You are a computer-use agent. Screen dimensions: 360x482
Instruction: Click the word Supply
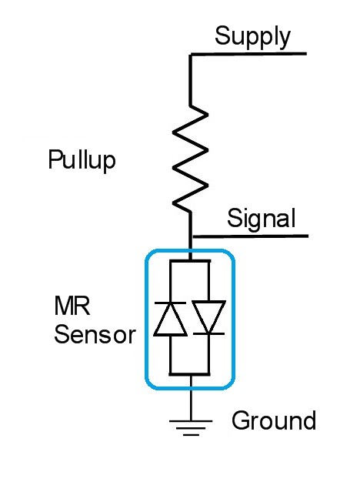pyautogui.click(x=252, y=37)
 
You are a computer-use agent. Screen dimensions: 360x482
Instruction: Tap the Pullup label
pyautogui.click(x=82, y=159)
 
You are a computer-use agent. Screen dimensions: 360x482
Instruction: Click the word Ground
pyautogui.click(x=274, y=420)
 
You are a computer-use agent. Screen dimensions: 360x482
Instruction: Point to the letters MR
pyautogui.click(x=72, y=306)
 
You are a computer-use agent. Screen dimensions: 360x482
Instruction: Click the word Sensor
pyautogui.click(x=95, y=334)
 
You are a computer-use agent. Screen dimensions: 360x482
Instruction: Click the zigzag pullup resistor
pyautogui.click(x=191, y=159)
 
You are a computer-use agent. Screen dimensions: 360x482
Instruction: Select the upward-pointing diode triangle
pyautogui.click(x=170, y=320)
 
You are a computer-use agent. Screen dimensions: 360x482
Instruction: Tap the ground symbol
pyautogui.click(x=191, y=428)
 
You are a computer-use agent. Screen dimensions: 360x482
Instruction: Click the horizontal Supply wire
pyautogui.click(x=248, y=54)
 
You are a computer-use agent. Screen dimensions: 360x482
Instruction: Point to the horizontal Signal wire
pyautogui.click(x=249, y=236)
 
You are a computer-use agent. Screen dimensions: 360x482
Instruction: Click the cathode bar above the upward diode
pyautogui.click(x=170, y=303)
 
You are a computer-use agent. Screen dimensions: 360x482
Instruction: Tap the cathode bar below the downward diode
pyautogui.click(x=209, y=333)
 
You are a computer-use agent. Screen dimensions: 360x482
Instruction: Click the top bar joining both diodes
pyautogui.click(x=190, y=262)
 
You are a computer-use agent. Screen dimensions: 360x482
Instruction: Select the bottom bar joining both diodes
pyautogui.click(x=189, y=374)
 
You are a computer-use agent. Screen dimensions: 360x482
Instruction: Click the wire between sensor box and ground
pyautogui.click(x=191, y=398)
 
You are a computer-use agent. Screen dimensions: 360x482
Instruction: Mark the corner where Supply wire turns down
pyautogui.click(x=191, y=55)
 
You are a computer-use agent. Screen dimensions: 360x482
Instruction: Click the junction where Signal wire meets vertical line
pyautogui.click(x=191, y=237)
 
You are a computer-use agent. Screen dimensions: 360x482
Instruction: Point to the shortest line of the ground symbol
pyautogui.click(x=191, y=435)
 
